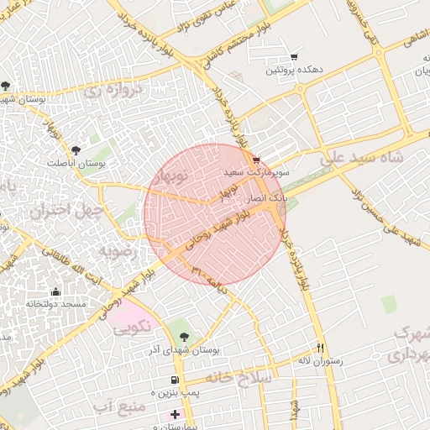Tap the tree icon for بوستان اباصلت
(76, 149)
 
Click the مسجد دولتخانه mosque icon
(55, 291)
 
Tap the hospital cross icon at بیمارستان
(175, 414)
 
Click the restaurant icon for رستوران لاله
(320, 348)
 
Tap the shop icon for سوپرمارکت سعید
(256, 160)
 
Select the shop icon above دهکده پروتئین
(293, 57)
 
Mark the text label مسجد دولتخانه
(56, 304)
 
